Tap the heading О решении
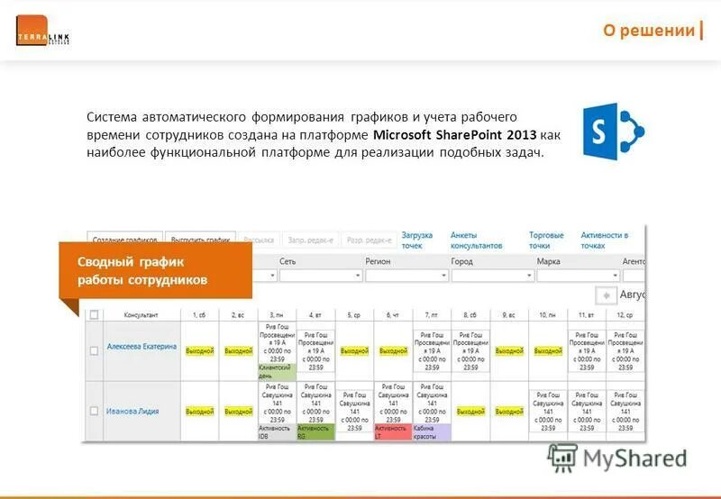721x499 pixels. (x=649, y=31)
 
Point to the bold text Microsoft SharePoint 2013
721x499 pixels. (x=455, y=135)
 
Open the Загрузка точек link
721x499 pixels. (x=417, y=240)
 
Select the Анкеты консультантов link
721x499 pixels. (x=476, y=240)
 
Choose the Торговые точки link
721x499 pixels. (x=546, y=240)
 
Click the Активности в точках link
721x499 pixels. (x=604, y=240)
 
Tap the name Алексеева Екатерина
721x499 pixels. (x=141, y=347)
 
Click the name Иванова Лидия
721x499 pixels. (x=132, y=411)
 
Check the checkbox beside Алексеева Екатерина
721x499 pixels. (x=94, y=350)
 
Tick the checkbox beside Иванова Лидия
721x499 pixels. (x=94, y=411)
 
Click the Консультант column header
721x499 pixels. (x=141, y=315)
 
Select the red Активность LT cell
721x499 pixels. (x=391, y=432)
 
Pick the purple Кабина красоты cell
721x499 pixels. (x=431, y=432)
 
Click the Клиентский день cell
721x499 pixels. (x=277, y=371)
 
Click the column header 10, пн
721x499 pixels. (x=547, y=315)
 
